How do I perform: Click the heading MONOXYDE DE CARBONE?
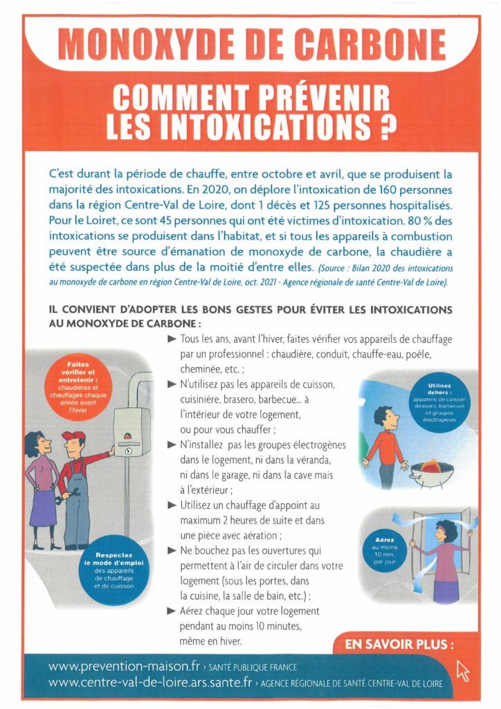[251, 45]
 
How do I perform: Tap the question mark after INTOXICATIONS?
[388, 125]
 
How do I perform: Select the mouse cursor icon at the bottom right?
[462, 670]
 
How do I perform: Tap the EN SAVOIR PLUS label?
[399, 644]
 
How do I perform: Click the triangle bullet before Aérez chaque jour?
[171, 611]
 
